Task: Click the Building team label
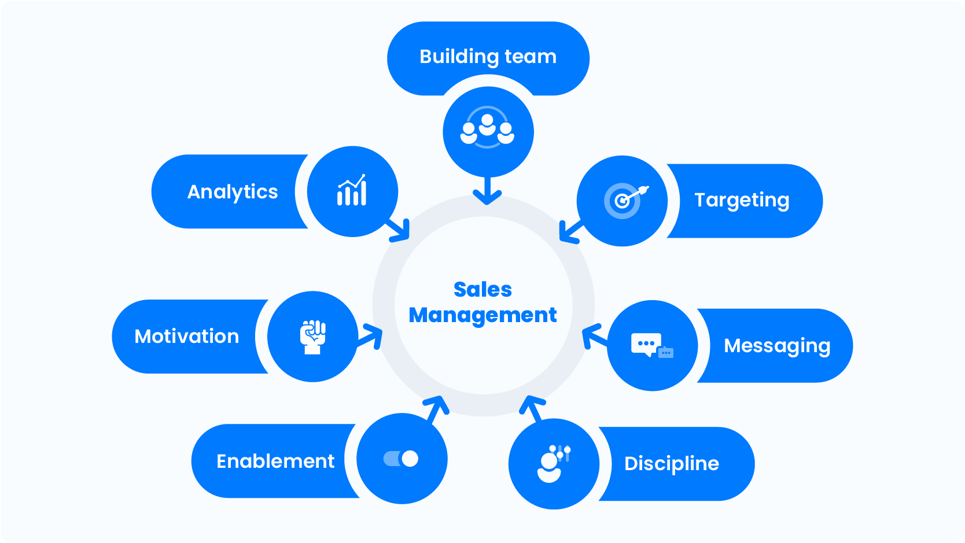coord(488,57)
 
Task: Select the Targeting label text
coord(742,200)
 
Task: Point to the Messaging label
coord(777,346)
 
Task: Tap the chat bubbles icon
coord(651,346)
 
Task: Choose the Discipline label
coord(672,463)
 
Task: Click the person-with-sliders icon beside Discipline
coord(553,463)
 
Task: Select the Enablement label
coord(275,461)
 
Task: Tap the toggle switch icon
coord(401,459)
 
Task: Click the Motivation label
coord(187,337)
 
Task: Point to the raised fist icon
coord(313,337)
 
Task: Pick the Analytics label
coord(233,191)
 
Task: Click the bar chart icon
coord(352,191)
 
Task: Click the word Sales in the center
coord(482,289)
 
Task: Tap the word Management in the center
coord(482,315)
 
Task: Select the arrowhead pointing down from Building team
coord(487,197)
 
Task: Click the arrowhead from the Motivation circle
coord(374,335)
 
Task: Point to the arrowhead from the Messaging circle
coord(590,335)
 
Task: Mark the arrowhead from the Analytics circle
coord(401,231)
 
